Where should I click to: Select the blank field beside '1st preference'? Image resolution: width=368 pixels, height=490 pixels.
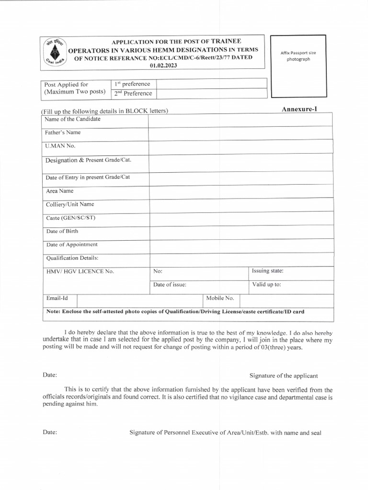211,84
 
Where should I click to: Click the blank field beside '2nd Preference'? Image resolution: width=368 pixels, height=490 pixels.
211,93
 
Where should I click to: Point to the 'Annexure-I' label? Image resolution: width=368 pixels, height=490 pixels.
299,109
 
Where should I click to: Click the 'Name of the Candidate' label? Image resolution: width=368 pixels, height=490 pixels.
73,119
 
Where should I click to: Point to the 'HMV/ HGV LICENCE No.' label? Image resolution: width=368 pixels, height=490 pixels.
80,271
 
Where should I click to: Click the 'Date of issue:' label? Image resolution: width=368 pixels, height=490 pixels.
170,285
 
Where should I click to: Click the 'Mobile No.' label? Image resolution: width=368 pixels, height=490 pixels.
220,298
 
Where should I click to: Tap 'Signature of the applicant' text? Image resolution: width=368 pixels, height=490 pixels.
284,376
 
